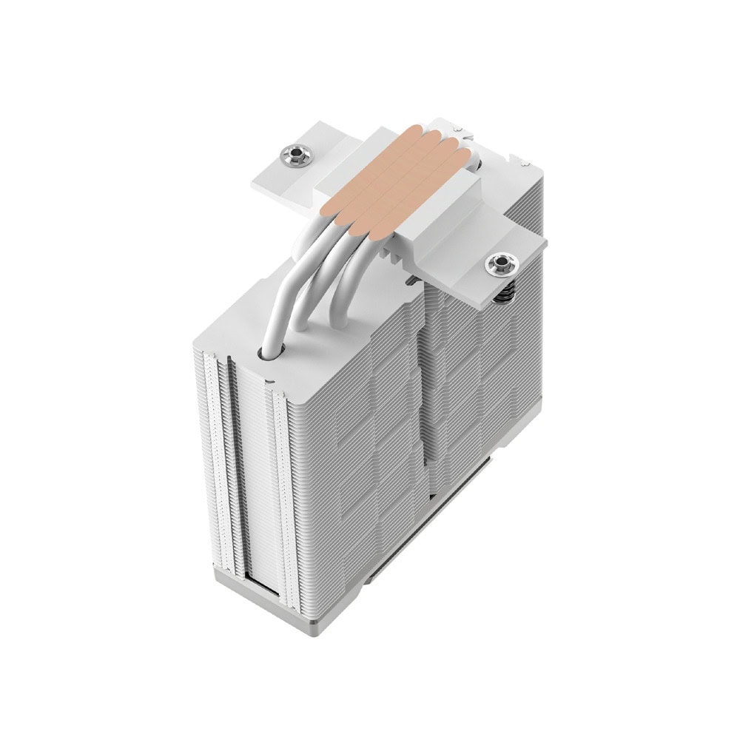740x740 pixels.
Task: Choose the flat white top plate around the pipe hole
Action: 311,363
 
